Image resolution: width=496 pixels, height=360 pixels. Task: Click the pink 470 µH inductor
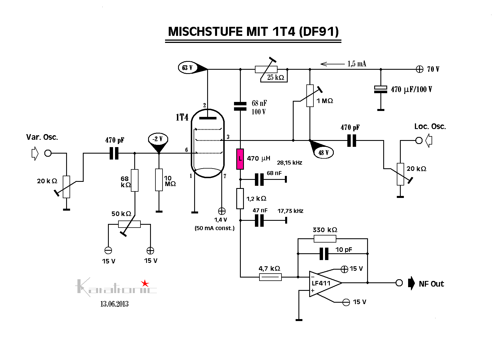(240, 159)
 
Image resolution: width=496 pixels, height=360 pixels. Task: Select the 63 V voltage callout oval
(187, 68)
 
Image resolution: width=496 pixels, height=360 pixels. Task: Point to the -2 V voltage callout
(158, 139)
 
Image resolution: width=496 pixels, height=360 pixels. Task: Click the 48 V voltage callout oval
(324, 152)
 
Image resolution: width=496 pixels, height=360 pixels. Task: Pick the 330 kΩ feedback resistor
(325, 239)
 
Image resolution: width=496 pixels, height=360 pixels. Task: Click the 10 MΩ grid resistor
(159, 180)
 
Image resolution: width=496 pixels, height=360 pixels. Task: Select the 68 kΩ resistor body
(135, 180)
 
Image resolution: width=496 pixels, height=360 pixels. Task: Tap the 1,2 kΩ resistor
(240, 199)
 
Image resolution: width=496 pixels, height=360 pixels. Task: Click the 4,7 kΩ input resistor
(270, 277)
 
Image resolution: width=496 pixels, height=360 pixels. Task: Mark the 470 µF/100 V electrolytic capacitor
(380, 89)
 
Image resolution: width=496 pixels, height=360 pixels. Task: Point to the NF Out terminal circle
(399, 283)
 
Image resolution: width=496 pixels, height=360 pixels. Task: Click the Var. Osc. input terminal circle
(48, 153)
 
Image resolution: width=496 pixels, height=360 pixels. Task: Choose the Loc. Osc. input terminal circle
(419, 140)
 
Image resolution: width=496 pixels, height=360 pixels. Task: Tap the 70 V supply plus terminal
(419, 69)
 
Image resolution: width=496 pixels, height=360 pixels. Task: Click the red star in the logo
(145, 283)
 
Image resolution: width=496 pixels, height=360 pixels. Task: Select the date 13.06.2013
(114, 304)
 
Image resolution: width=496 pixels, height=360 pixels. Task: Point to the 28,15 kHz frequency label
(289, 163)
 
